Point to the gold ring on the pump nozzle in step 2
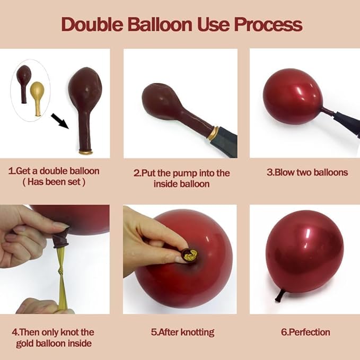click(x=213, y=133)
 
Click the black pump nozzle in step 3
click(x=347, y=124)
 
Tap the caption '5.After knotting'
click(x=182, y=332)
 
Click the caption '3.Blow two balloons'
click(x=307, y=172)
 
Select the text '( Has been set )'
click(x=54, y=182)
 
